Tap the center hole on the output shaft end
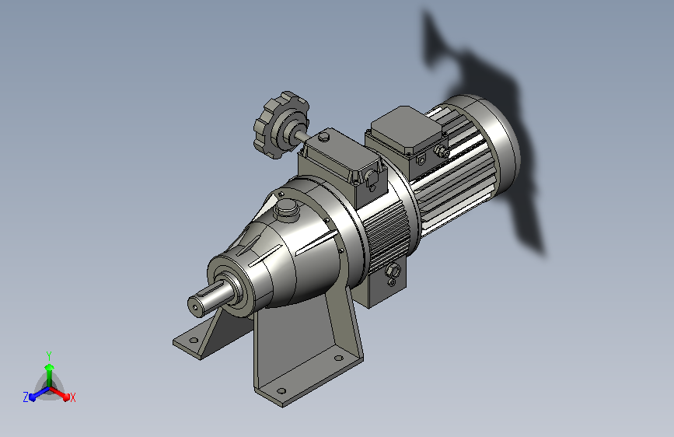tap(196, 307)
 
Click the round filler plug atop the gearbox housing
tap(287, 209)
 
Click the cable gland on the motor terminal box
tap(441, 151)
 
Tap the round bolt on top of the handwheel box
tap(324, 138)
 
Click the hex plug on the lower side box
tap(393, 271)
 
